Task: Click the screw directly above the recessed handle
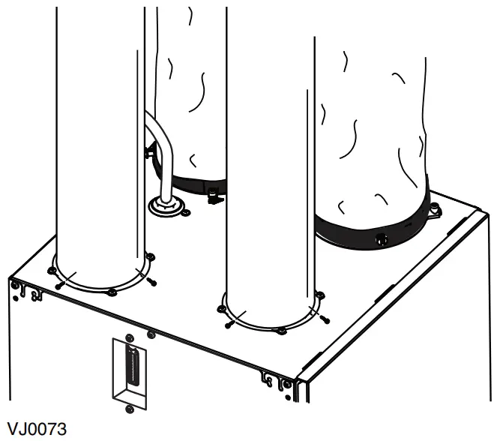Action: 129,334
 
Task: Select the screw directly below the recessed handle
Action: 129,407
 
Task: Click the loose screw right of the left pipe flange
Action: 152,281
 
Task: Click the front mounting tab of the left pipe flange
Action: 112,291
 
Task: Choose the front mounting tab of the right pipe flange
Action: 280,331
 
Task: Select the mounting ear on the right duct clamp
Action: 433,214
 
